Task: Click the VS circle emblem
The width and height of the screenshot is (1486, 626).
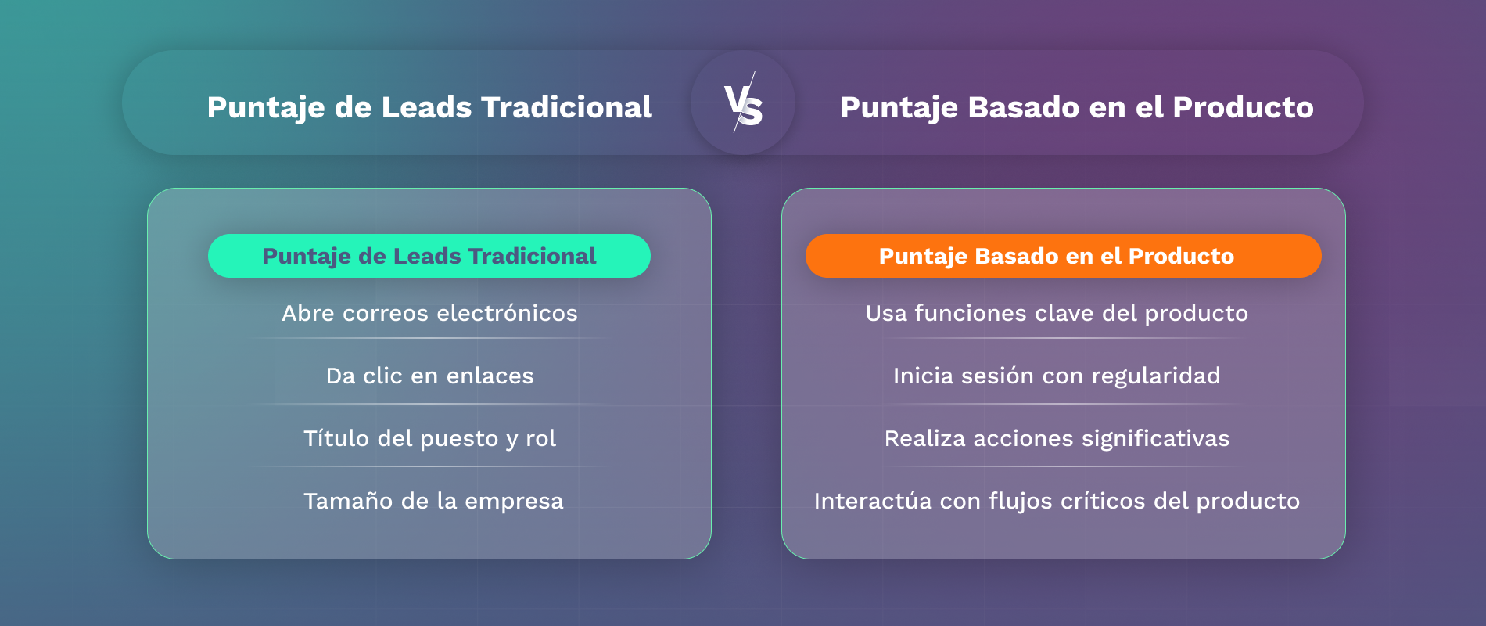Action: (743, 103)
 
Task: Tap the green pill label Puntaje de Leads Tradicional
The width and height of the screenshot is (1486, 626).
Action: (429, 256)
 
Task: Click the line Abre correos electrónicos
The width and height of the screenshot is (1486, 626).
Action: (429, 313)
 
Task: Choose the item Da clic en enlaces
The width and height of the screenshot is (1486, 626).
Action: (429, 376)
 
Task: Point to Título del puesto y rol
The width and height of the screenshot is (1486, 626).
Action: (429, 438)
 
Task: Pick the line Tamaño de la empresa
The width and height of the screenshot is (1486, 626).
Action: (433, 501)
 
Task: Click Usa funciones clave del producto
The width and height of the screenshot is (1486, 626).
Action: (1057, 313)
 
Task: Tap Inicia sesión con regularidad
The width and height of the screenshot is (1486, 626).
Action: (1057, 376)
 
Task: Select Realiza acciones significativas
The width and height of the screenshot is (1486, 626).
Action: (1057, 438)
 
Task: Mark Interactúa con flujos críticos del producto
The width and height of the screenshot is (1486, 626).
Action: (1057, 501)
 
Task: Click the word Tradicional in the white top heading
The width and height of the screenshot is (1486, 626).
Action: (566, 107)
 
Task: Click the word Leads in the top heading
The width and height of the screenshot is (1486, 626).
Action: (426, 107)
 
